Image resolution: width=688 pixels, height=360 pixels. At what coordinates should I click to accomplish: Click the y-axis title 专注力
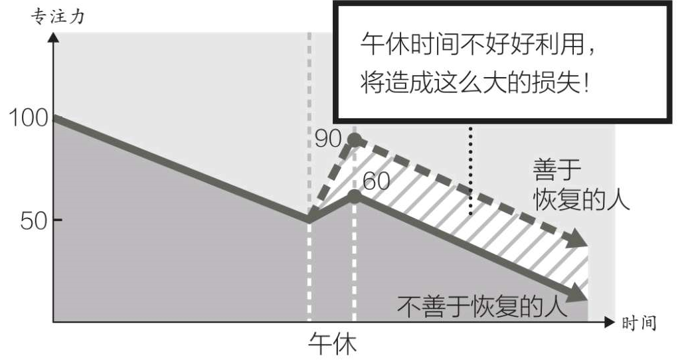58,16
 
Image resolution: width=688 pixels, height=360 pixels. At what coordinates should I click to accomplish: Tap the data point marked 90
355,139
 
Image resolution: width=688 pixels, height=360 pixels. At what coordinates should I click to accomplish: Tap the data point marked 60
355,196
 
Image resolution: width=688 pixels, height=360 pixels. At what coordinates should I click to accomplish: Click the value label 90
328,139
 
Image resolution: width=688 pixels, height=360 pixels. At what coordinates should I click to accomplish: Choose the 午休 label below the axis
333,343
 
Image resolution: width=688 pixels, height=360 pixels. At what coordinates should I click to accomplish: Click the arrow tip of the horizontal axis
614,323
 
